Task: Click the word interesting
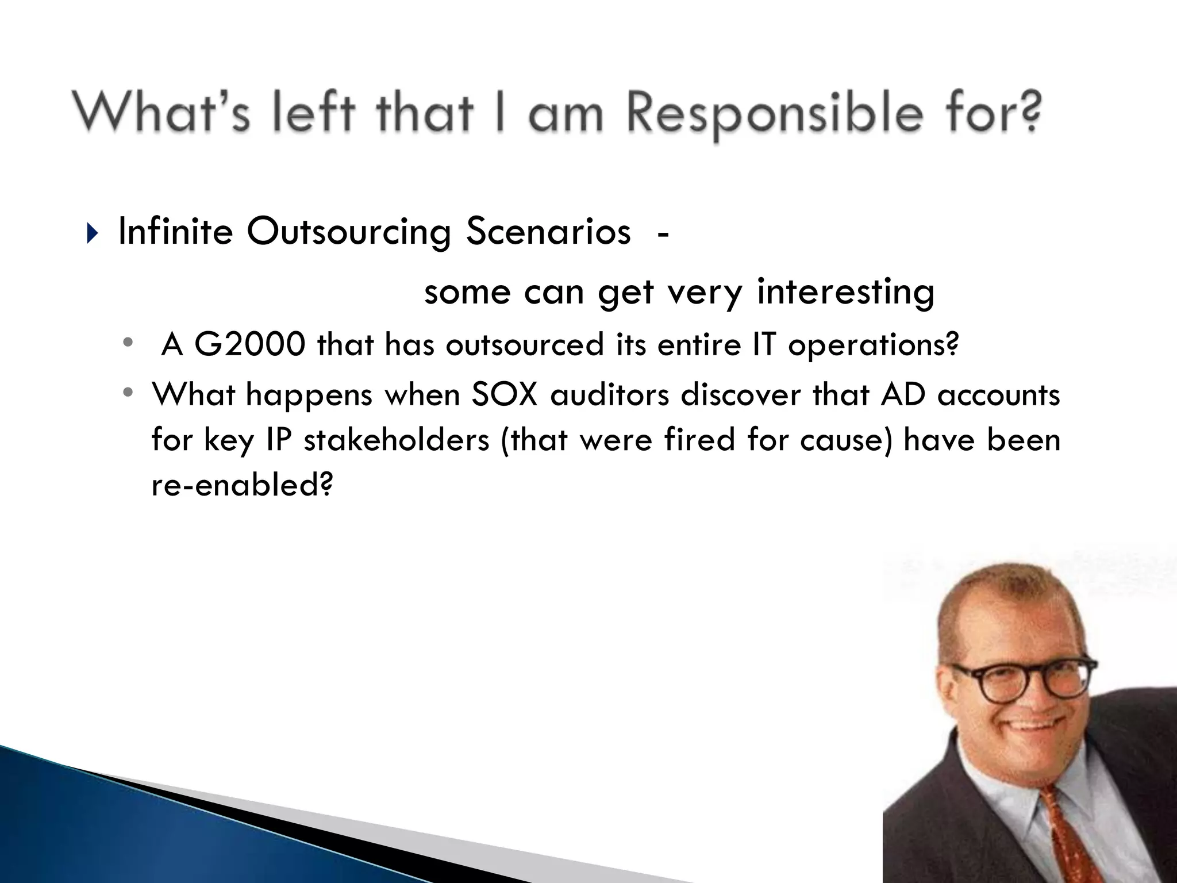pos(845,291)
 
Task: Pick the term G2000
pos(249,345)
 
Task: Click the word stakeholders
pos(397,440)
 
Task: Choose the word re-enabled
pos(242,485)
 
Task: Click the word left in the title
pos(313,113)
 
